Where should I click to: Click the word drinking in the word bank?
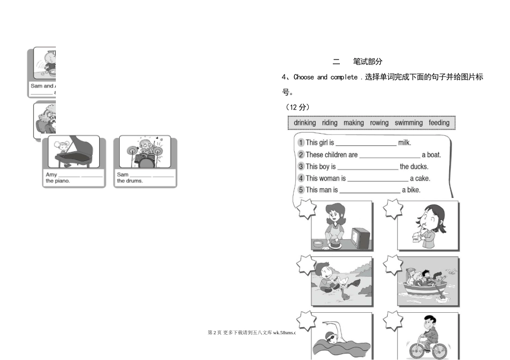point(305,123)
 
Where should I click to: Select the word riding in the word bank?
point(330,123)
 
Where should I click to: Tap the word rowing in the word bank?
point(379,123)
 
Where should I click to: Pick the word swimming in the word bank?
point(409,123)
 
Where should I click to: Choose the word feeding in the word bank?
point(439,123)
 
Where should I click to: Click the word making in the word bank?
point(353,123)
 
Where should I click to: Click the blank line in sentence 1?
point(366,144)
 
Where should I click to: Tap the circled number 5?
point(301,190)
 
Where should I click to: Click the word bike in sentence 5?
point(413,190)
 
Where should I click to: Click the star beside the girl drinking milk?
point(393,209)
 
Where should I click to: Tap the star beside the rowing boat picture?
point(393,265)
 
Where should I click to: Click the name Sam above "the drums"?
point(122,175)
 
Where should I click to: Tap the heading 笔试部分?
point(368,62)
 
